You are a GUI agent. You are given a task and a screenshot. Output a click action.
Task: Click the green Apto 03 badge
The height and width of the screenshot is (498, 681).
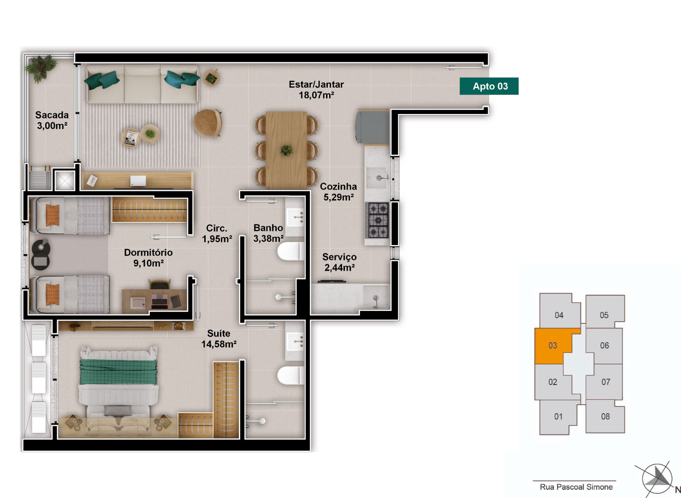(489, 86)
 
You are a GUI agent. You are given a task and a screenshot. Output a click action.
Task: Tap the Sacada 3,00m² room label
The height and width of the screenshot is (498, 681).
(52, 120)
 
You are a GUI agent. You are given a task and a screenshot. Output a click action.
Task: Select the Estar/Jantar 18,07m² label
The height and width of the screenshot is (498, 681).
(316, 90)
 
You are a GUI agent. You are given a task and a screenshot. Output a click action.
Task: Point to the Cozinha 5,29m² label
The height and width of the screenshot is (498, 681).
(338, 192)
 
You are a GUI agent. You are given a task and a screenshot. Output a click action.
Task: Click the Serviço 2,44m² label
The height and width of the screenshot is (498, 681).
(339, 262)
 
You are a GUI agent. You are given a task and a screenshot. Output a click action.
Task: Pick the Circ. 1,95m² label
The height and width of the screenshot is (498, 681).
(217, 233)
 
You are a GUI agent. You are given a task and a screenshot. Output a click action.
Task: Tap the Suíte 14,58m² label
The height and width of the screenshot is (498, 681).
(219, 339)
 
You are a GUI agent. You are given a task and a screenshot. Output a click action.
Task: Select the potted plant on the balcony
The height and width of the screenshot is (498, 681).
(41, 68)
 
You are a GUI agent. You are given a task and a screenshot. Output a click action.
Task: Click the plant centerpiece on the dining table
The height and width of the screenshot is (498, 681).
(286, 150)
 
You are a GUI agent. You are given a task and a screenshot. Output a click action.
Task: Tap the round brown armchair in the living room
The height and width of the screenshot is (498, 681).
(207, 124)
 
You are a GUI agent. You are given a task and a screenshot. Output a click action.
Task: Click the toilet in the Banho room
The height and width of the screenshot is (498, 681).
(291, 251)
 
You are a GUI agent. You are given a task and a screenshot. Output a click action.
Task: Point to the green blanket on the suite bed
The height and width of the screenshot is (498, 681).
(118, 372)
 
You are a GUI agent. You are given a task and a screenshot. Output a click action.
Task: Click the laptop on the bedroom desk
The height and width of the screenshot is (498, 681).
(160, 301)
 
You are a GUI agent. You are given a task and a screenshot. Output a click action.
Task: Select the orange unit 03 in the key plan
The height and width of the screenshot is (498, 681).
(553, 346)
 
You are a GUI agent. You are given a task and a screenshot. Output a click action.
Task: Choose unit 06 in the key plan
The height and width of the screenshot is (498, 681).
(604, 346)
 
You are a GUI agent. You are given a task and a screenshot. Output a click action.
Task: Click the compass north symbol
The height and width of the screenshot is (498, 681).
(657, 479)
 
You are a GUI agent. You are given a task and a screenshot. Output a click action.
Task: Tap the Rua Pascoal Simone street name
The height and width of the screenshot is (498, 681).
(576, 487)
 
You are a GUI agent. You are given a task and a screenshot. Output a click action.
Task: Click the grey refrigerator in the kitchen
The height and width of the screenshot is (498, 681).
(373, 126)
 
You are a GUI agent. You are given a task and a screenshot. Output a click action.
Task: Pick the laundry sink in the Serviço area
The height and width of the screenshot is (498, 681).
(375, 297)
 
